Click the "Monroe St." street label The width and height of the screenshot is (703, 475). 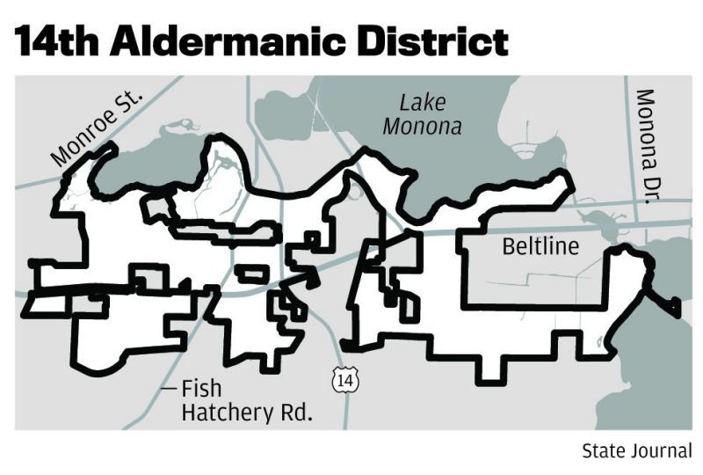pos(97,128)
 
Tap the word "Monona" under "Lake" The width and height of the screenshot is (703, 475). pos(423,126)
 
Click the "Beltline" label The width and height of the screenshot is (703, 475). pos(540,245)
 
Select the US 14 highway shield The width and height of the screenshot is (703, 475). pos(345,380)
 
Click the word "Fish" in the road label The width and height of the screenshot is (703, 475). pos(201,388)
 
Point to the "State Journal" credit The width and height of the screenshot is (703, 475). pos(637,450)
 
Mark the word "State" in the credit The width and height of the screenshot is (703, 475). pos(602,450)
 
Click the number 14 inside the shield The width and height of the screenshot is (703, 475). pos(345,381)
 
